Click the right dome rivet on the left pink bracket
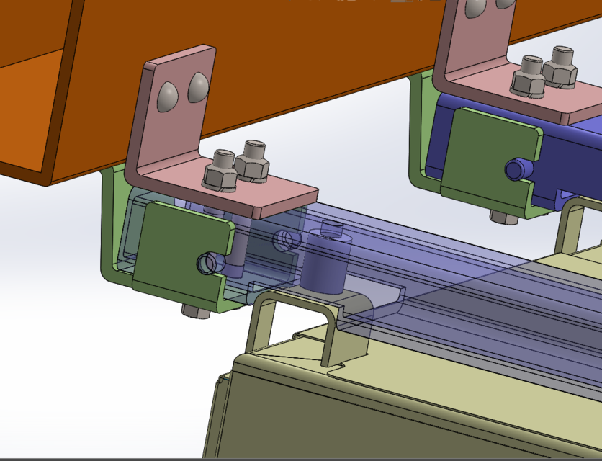coord(197,86)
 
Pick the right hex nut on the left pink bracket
coord(252,161)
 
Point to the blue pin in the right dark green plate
coord(516,169)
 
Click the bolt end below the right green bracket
coord(502,216)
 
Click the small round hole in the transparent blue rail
coord(285,237)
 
